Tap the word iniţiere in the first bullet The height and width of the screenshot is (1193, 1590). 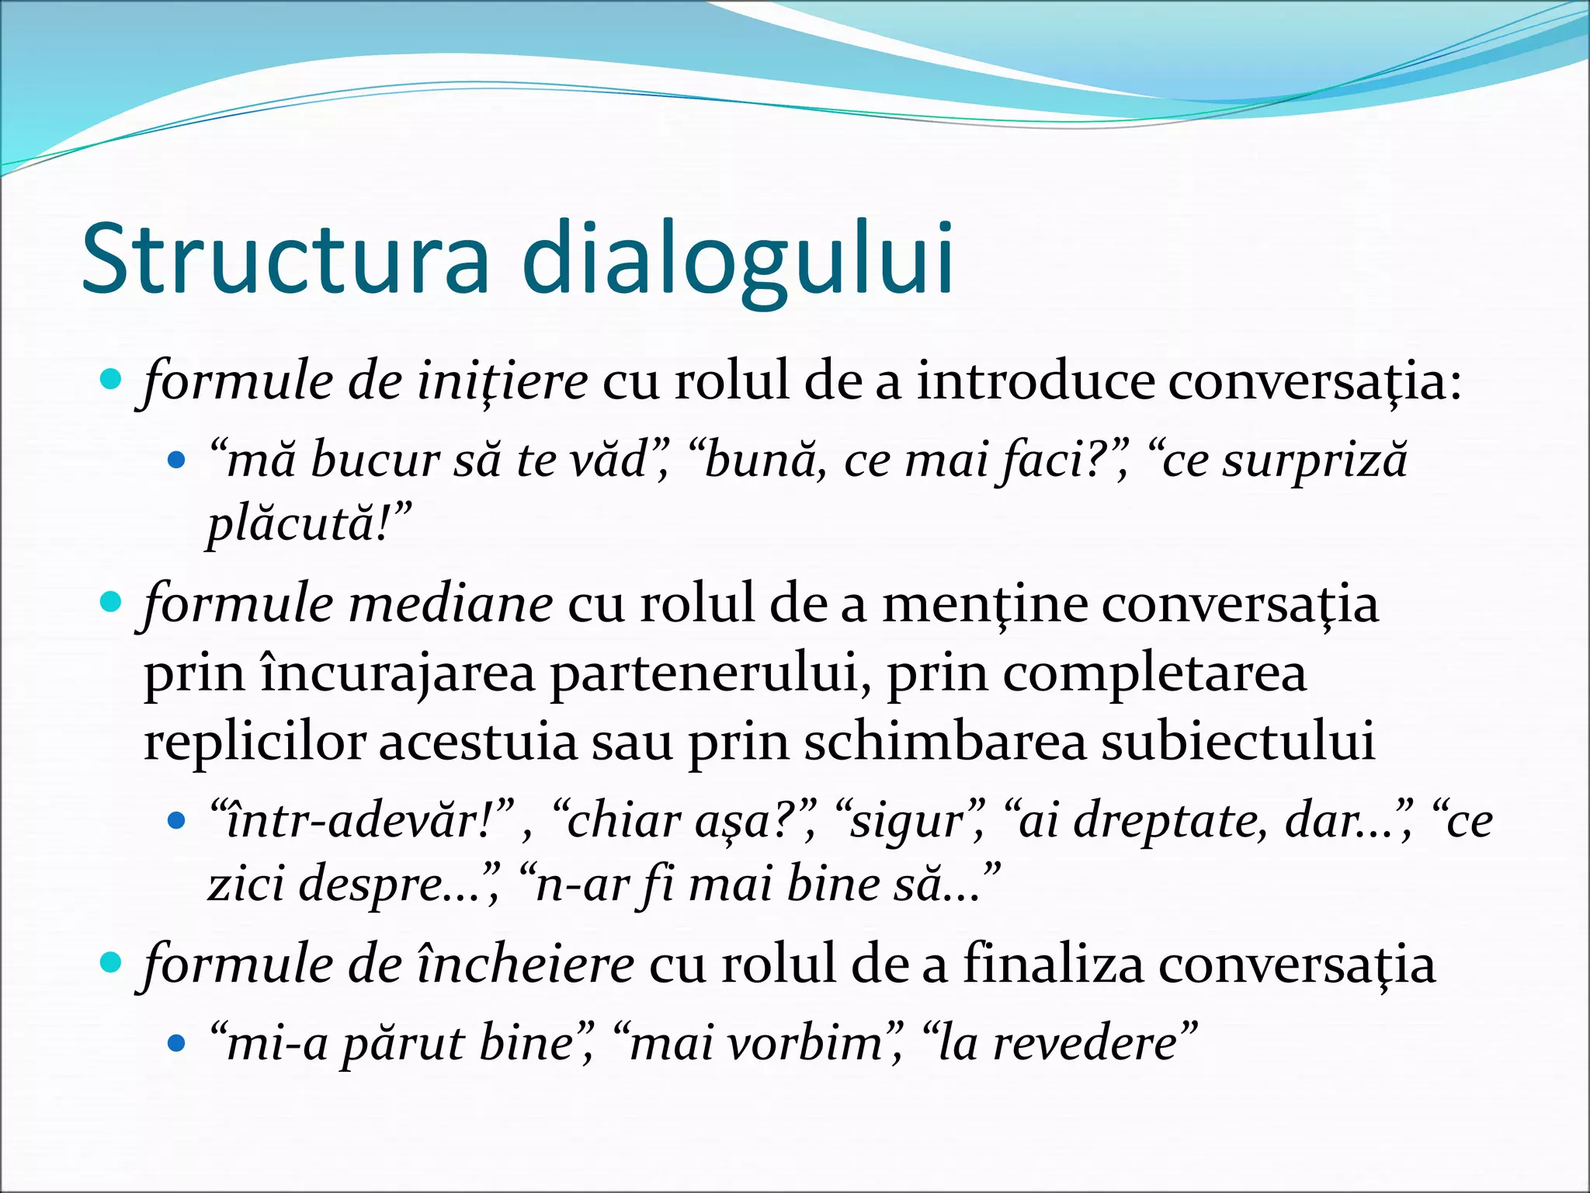click(502, 381)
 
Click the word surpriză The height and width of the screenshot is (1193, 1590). click(1314, 460)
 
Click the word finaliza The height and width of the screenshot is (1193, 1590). click(1053, 965)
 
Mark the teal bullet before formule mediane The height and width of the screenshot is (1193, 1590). click(112, 602)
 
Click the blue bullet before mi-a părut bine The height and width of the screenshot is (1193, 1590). click(177, 1044)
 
